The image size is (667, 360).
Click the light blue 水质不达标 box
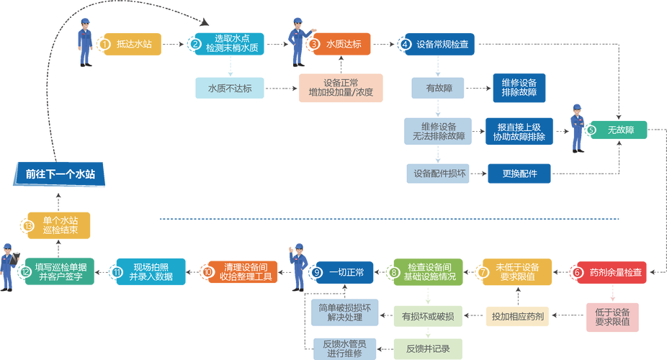(229, 88)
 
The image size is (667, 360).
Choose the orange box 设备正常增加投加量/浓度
(341, 88)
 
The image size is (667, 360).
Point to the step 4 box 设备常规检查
(438, 44)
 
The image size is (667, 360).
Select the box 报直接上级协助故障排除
(519, 131)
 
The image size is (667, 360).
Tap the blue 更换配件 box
(519, 174)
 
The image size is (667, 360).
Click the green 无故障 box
(617, 130)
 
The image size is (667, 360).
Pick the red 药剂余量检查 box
(610, 272)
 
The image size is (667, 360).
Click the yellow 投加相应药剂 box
(518, 315)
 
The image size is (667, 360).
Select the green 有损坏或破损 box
(426, 315)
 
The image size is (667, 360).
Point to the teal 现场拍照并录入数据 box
(150, 272)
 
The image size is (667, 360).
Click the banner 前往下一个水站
(61, 174)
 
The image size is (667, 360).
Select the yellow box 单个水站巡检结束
(59, 225)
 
